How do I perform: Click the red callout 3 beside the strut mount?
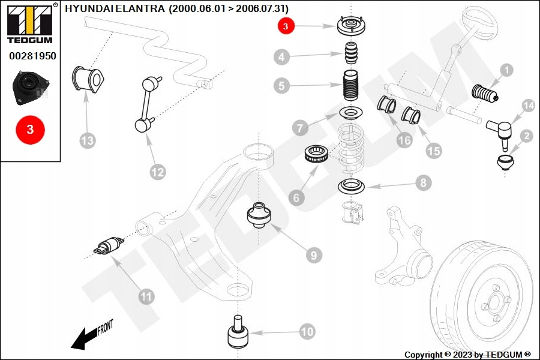[286, 26]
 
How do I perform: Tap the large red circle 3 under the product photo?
[31, 130]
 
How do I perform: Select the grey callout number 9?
[313, 255]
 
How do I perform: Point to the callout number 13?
[88, 141]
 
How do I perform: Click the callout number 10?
[306, 331]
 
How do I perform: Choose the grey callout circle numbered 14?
[527, 106]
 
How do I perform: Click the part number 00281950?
[32, 56]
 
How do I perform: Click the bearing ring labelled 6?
[316, 155]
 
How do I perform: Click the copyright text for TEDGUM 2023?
[467, 355]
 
